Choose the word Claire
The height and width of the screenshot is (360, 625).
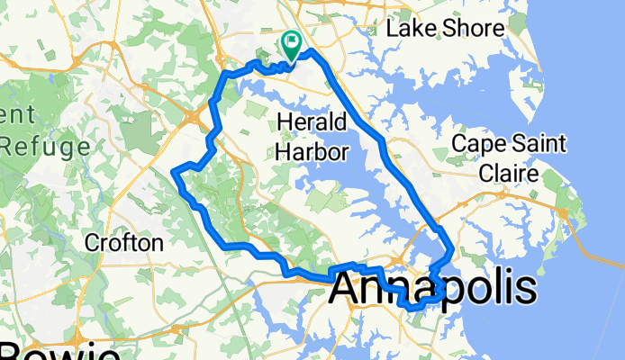pos(509,172)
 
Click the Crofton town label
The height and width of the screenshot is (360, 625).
pos(123,242)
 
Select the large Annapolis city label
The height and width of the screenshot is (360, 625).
pos(434,290)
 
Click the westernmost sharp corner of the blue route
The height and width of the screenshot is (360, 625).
pos(173,170)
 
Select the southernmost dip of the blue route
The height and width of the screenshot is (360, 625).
pos(414,308)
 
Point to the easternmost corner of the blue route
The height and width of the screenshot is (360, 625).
pos(450,249)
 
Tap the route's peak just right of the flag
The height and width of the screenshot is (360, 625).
pos(312,52)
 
